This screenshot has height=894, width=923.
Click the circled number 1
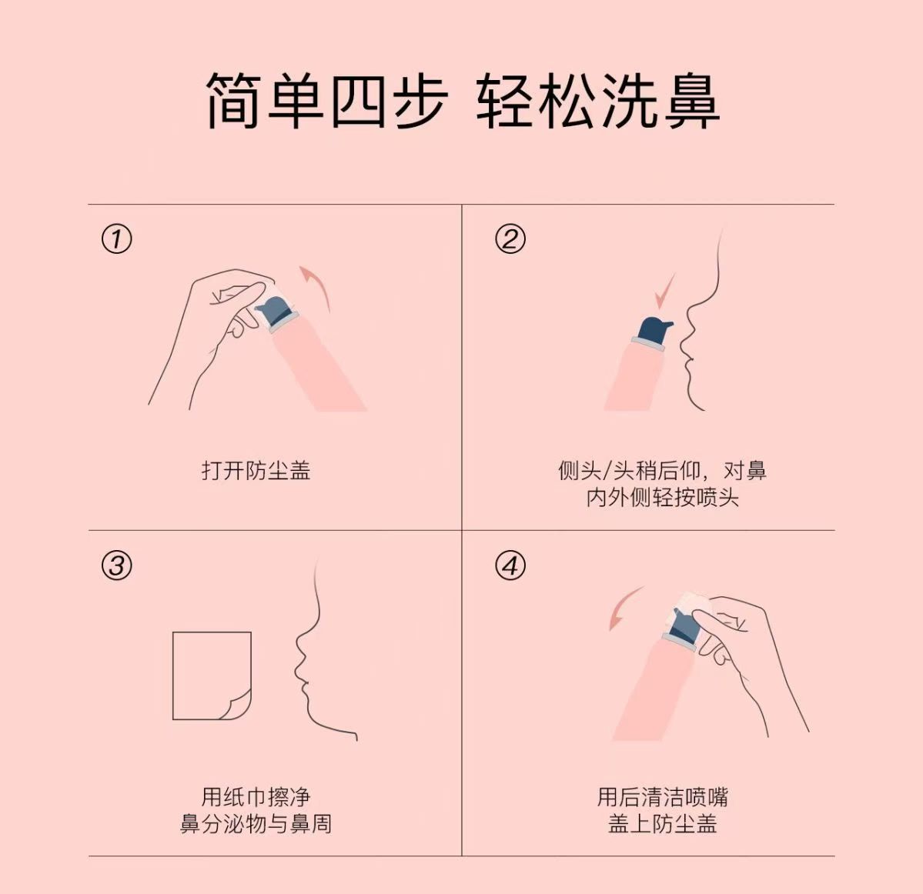pos(116,239)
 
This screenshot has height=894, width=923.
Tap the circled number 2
pos(510,239)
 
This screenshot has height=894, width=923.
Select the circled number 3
pos(116,565)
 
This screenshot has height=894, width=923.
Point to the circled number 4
pos(510,565)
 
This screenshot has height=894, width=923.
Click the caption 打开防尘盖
pos(256,471)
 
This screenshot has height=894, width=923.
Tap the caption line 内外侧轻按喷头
pos(662,498)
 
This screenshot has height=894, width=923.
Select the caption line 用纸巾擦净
pos(256,797)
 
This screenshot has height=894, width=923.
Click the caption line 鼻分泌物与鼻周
pos(256,823)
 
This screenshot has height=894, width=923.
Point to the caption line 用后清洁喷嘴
pos(662,797)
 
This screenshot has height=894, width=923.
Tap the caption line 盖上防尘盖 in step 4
pos(662,823)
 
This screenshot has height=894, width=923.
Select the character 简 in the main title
pos(234,100)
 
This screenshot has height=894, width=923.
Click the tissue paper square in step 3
pos(212,676)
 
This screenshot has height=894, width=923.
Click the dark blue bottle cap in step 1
pos(276,311)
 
